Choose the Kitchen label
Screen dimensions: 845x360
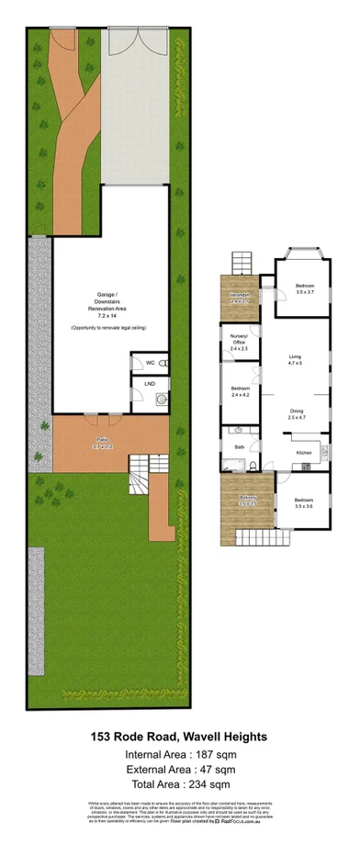(304, 453)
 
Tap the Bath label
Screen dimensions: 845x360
(239, 447)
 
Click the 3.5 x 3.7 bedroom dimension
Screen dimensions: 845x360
(305, 293)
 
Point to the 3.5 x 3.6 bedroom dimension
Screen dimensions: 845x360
(304, 506)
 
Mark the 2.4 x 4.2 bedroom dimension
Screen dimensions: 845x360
(240, 395)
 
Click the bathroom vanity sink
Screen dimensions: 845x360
(237, 430)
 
